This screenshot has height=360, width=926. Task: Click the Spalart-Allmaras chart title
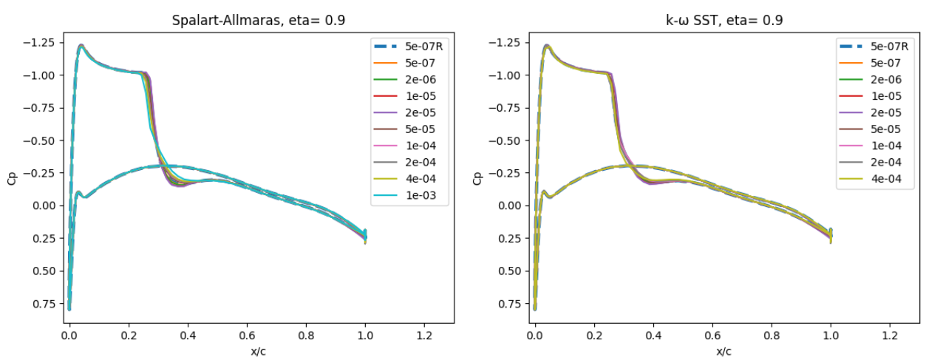click(258, 20)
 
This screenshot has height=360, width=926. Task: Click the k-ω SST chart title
click(724, 20)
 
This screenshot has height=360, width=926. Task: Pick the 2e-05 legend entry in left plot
click(419, 113)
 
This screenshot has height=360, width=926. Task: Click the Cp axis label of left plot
click(12, 178)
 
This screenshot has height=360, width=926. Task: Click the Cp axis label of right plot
click(477, 178)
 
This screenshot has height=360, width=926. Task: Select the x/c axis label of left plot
click(258, 350)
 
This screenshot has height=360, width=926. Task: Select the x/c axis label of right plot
click(724, 350)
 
